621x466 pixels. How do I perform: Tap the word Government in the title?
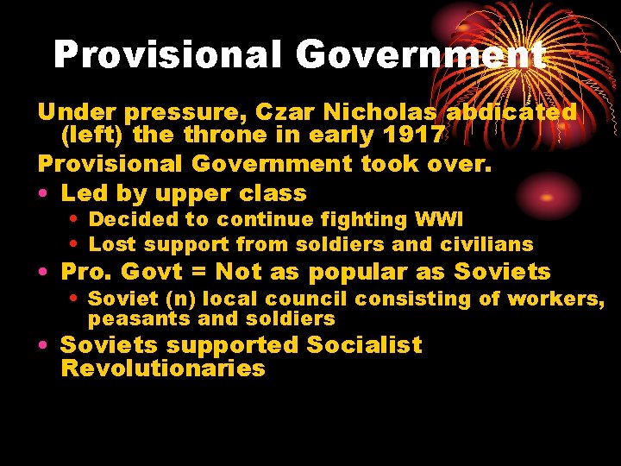coord(421,55)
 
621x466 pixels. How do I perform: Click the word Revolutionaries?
coord(163,369)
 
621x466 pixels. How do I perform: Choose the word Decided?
coord(127,220)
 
